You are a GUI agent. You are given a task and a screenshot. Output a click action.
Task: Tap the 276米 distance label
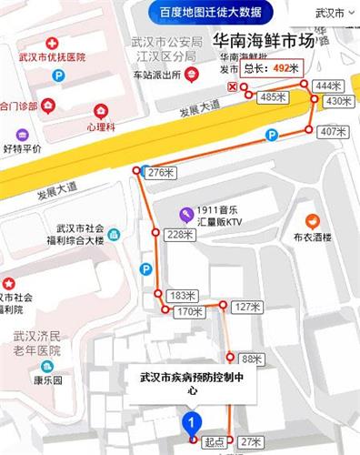point(159,171)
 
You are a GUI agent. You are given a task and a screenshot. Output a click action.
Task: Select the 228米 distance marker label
point(182,234)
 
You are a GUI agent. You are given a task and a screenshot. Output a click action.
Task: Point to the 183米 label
point(183,295)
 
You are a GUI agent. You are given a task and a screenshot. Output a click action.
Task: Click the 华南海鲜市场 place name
point(263,42)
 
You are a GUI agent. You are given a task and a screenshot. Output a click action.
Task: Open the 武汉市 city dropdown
point(333,14)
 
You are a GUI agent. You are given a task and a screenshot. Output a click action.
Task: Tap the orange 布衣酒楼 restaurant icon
point(312,219)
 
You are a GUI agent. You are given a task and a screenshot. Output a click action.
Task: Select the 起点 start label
point(215,442)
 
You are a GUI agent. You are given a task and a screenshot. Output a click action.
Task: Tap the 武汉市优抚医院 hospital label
point(51,57)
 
